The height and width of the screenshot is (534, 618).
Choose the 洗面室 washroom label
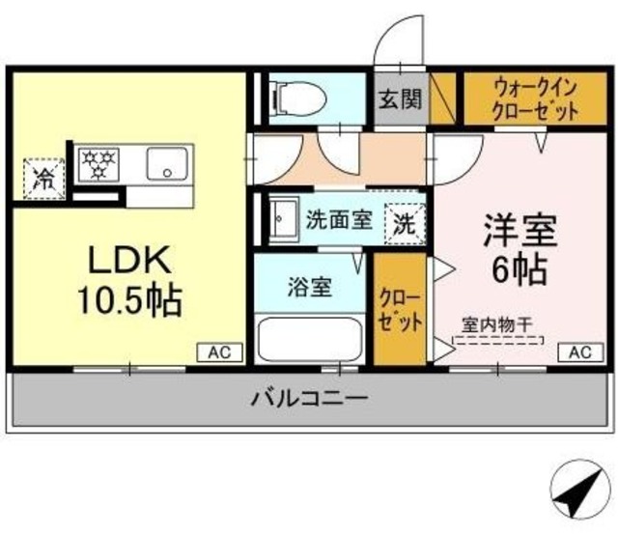click(338, 219)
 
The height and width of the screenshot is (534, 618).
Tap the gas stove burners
click(98, 164)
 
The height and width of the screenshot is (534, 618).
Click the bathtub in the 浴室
click(309, 338)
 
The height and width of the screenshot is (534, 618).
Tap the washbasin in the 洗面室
click(281, 218)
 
